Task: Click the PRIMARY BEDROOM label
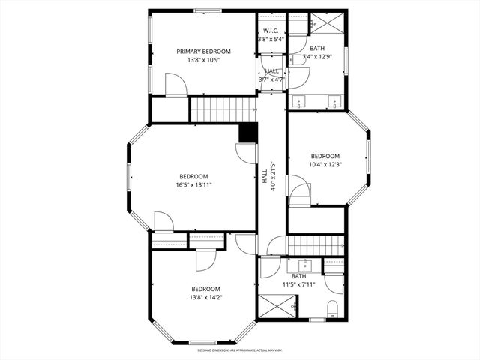pyautogui.click(x=203, y=52)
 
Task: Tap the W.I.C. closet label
pyautogui.click(x=271, y=31)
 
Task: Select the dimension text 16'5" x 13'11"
pyautogui.click(x=193, y=184)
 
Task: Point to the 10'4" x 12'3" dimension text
pyautogui.click(x=325, y=165)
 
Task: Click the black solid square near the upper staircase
pyautogui.click(x=247, y=133)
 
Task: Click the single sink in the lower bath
pyautogui.click(x=306, y=265)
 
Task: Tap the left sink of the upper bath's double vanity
pyautogui.click(x=300, y=100)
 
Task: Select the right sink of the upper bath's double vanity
pyautogui.click(x=335, y=100)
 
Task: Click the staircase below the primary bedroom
pyautogui.click(x=223, y=109)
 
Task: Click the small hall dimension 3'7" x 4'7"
pyautogui.click(x=272, y=79)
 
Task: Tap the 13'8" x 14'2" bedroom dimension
pyautogui.click(x=205, y=297)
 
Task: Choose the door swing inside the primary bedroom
pyautogui.click(x=175, y=84)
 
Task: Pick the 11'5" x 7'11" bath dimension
pyautogui.click(x=299, y=284)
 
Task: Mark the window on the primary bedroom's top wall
pyautogui.click(x=208, y=10)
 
